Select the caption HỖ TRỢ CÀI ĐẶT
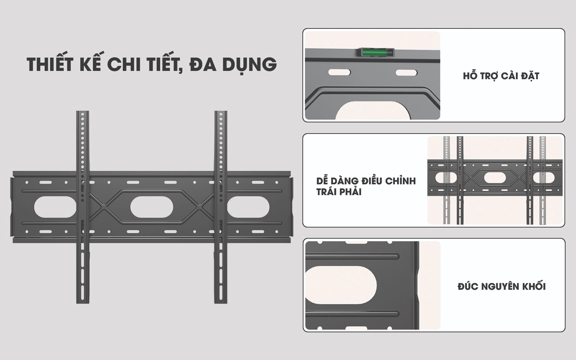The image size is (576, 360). tap(501, 76)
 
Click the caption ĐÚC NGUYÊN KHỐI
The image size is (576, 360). tap(501, 287)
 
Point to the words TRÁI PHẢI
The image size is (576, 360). tap(339, 192)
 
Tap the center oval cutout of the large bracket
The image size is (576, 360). tap(152, 207)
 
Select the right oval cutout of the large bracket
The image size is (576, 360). tap(248, 207)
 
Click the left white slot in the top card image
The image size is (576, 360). tap(339, 72)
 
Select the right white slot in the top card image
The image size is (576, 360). tap(406, 73)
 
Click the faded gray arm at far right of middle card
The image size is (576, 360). tap(543, 180)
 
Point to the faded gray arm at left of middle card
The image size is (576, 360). tap(447, 180)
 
